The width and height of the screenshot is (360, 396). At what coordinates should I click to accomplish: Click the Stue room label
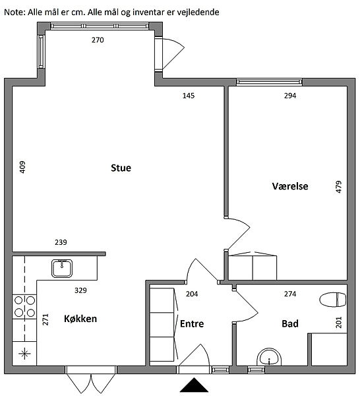[x=121, y=168]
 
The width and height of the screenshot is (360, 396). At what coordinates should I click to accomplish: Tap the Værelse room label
[x=290, y=186]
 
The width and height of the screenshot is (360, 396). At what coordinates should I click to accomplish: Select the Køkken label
[x=80, y=319]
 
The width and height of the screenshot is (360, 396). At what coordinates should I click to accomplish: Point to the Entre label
[x=192, y=324]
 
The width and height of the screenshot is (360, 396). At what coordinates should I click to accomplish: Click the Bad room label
[x=290, y=324]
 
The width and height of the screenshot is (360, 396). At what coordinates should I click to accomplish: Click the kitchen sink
[x=62, y=269]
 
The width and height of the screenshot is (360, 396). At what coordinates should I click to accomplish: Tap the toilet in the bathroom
[x=332, y=300]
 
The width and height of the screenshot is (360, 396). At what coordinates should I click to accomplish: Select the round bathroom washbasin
[x=269, y=357]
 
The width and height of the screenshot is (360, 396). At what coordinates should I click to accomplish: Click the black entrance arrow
[x=194, y=385]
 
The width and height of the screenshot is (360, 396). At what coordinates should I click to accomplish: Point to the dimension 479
[x=339, y=187]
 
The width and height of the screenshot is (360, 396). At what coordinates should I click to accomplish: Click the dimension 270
[x=98, y=40]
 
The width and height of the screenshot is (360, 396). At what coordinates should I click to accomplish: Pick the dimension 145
[x=189, y=96]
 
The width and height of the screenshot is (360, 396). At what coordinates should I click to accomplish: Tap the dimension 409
[x=22, y=167]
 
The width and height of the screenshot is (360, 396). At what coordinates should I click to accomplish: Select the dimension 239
[x=61, y=242]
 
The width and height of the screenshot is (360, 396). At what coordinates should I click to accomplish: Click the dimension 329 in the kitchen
[x=80, y=290]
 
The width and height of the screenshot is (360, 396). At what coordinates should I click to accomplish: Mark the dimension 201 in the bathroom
[x=339, y=322]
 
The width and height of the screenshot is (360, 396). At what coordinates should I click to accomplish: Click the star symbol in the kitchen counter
[x=24, y=353]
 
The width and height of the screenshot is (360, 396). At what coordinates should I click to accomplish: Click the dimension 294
[x=290, y=96]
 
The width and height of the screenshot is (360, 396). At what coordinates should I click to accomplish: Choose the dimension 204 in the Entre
[x=192, y=294]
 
